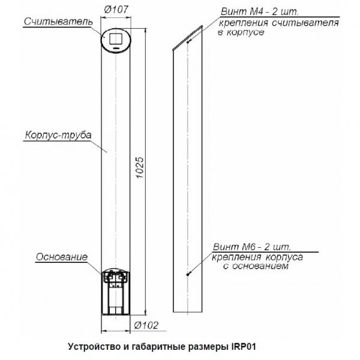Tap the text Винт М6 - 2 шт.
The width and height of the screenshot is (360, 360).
click(x=251, y=247)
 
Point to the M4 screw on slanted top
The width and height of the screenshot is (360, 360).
click(x=188, y=41)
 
